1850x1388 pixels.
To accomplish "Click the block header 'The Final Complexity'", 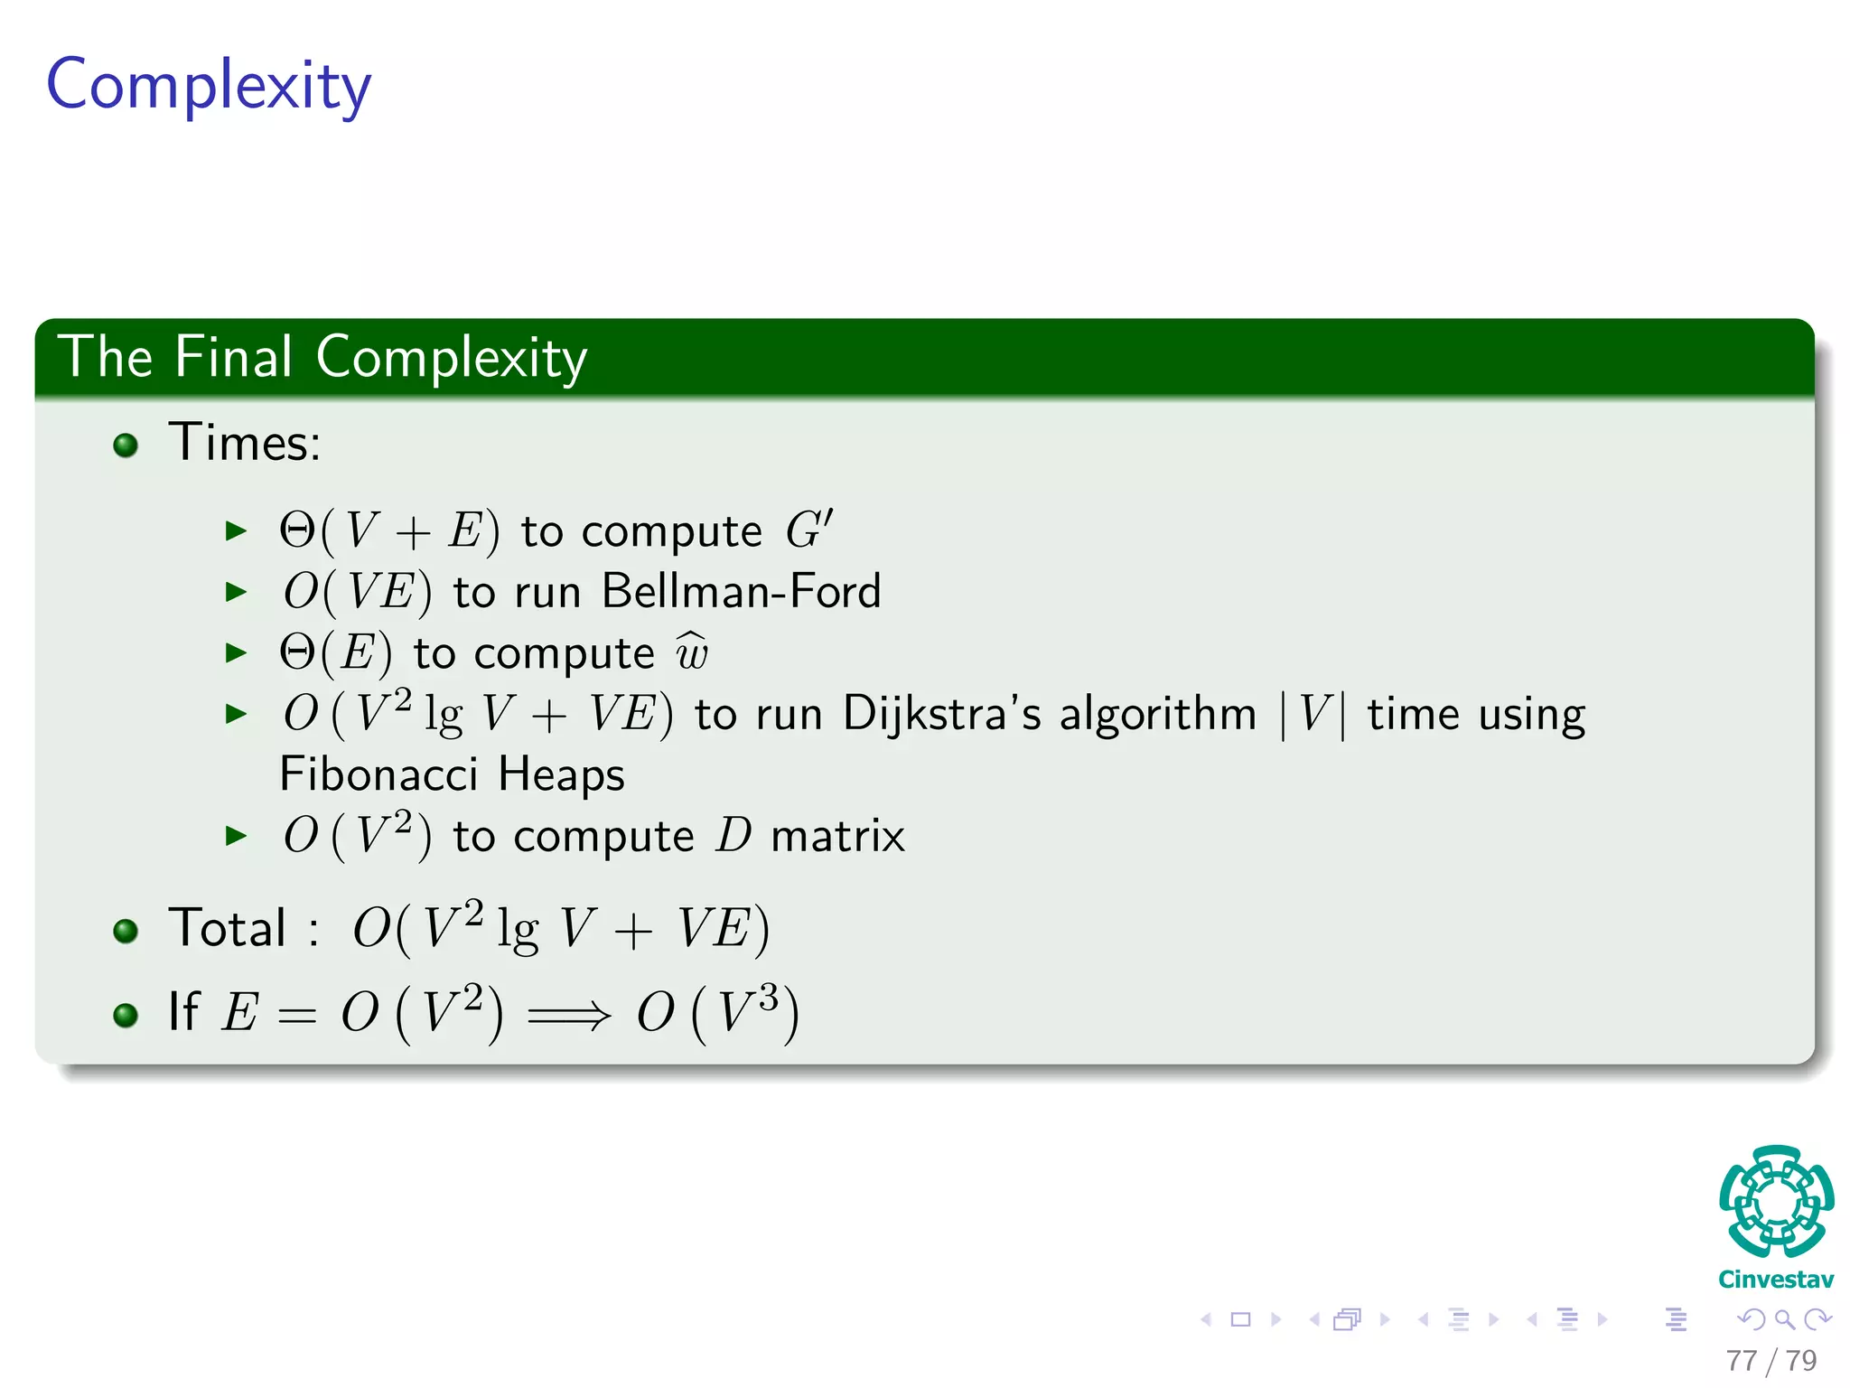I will (322, 358).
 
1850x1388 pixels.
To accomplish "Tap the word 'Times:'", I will (245, 443).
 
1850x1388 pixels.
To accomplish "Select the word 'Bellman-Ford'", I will (741, 593).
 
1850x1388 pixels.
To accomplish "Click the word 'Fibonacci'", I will (378, 774).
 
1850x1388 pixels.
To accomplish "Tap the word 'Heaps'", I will (561, 774).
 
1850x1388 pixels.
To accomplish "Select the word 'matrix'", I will (837, 836).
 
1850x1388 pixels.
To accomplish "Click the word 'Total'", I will (228, 928).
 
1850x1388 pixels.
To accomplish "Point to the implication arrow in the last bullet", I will (569, 1016).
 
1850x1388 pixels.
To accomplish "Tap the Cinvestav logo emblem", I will (1776, 1202).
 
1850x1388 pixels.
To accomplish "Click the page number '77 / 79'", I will (1771, 1360).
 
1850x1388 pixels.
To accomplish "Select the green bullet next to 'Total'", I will (126, 931).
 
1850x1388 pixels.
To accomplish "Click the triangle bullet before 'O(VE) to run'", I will (236, 593).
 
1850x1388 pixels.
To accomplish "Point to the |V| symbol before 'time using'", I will (1313, 715).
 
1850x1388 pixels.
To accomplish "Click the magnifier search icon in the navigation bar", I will (1784, 1319).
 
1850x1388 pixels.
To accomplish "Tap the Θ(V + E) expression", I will (389, 530).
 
